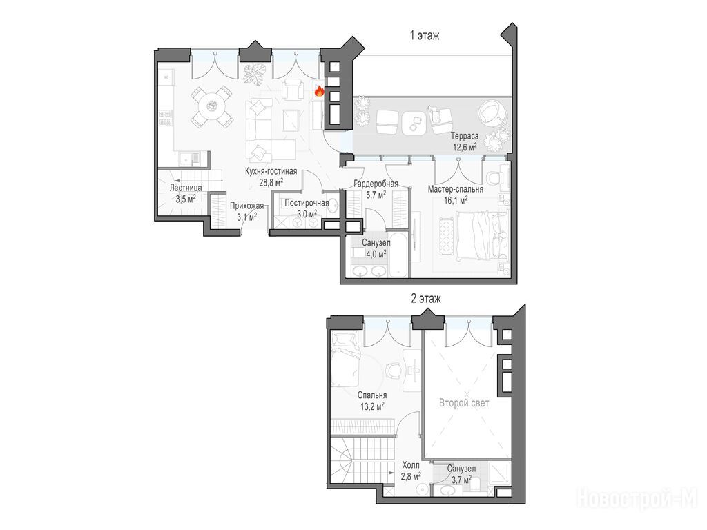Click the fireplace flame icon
click(x=319, y=92)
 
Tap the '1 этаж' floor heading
click(x=425, y=35)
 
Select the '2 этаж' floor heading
click(x=425, y=298)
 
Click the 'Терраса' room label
click(x=465, y=136)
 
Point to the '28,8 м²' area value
click(x=271, y=182)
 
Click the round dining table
click(x=211, y=106)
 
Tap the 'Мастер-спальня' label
click(x=456, y=189)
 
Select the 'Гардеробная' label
click(x=376, y=184)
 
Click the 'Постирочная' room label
click(x=307, y=204)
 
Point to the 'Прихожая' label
click(x=246, y=206)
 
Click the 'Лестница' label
click(x=185, y=188)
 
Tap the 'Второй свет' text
click(x=464, y=403)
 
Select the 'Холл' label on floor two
click(x=411, y=465)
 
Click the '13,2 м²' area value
click(x=372, y=406)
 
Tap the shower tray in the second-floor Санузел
click(x=499, y=473)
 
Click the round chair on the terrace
click(x=491, y=112)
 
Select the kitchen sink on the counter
click(x=189, y=158)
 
